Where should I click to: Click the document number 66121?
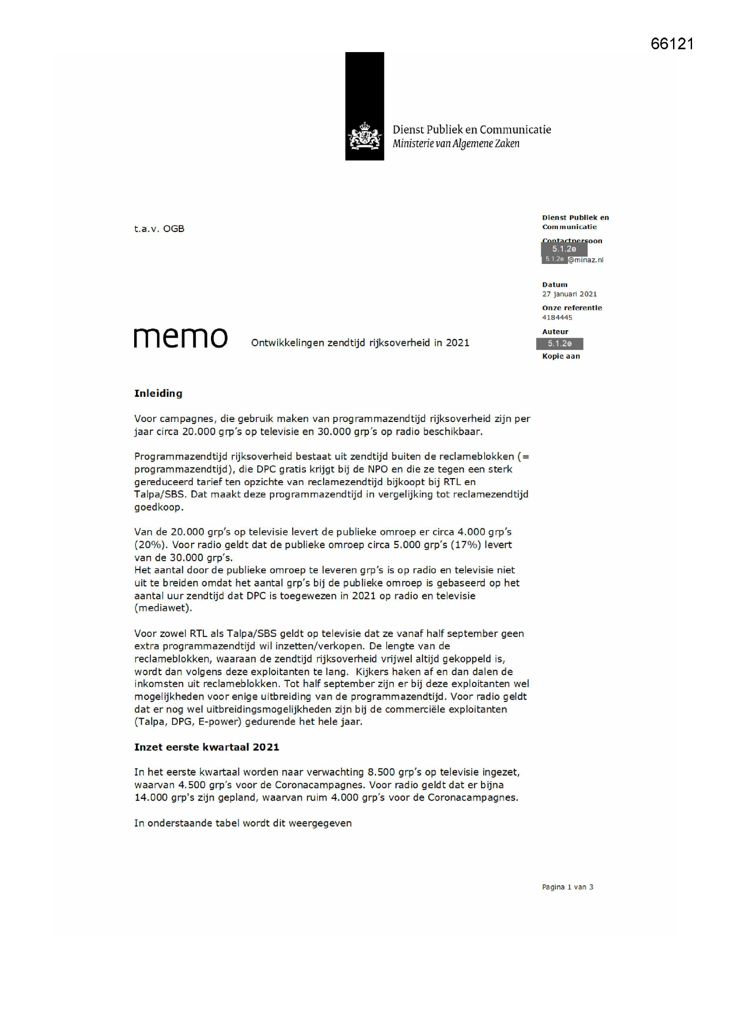(x=672, y=44)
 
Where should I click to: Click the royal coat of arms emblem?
(x=364, y=137)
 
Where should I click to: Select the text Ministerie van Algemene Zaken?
(x=456, y=144)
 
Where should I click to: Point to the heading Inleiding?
(x=158, y=393)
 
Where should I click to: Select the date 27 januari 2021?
(x=569, y=294)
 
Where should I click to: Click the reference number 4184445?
(x=557, y=317)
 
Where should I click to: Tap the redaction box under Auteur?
(x=560, y=343)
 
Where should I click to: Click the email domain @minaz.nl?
(x=585, y=260)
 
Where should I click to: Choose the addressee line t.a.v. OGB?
(x=159, y=229)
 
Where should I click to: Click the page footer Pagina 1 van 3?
(x=567, y=887)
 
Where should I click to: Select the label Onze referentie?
(x=572, y=308)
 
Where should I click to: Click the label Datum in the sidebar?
(x=555, y=285)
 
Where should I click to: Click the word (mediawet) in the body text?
(x=163, y=608)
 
